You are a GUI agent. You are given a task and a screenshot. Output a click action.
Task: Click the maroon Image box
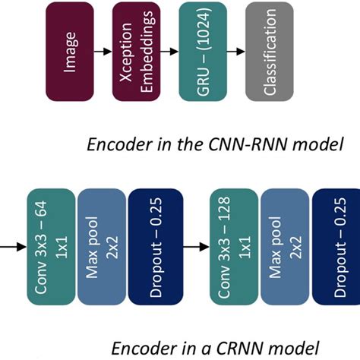point(69,51)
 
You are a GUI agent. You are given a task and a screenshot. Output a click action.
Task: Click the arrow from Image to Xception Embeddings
point(103,52)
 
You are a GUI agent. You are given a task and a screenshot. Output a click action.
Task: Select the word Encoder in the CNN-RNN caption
point(114,145)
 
